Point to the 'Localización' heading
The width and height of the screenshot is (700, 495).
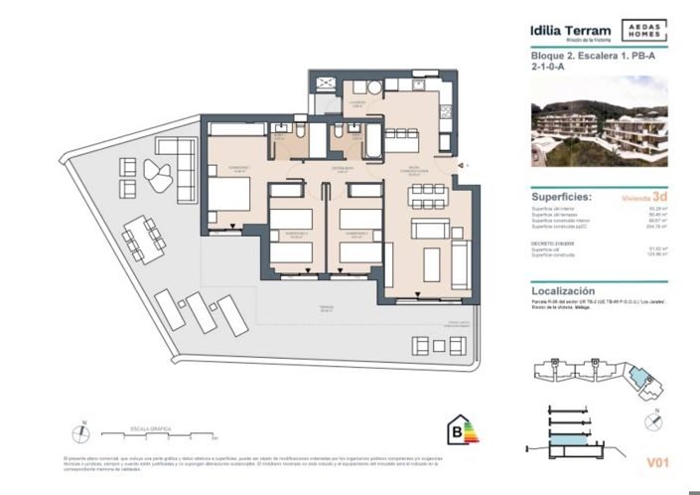[567, 282]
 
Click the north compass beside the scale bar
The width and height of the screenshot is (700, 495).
[80, 432]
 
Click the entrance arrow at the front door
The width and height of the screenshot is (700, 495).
[460, 165]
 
